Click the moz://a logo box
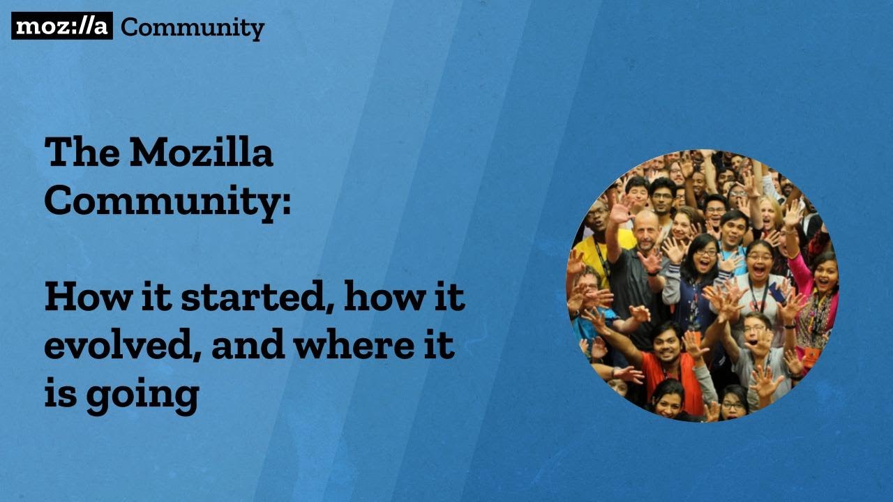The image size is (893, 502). pos(61,26)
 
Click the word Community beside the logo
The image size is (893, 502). pos(193,28)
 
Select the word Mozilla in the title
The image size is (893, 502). pos(201,152)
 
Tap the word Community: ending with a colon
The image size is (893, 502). pos(167,200)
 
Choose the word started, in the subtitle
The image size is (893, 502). pos(256,298)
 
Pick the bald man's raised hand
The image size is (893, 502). pos(620,209)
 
